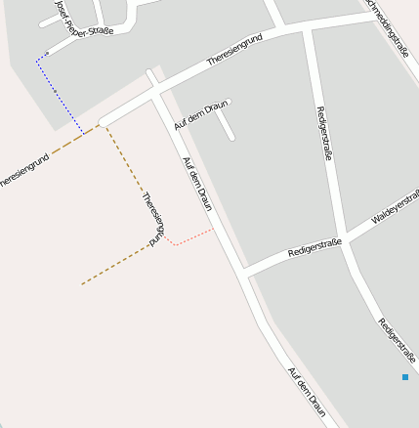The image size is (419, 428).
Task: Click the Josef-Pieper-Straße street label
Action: pos(82,19)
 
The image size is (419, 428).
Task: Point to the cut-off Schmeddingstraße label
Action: pos(387,28)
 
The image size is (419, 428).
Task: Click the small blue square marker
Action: pos(404,376)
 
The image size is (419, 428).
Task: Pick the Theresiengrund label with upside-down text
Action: pos(151,218)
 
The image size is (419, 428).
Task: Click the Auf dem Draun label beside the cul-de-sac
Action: pos(193,115)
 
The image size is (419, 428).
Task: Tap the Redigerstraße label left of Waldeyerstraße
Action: pos(314,247)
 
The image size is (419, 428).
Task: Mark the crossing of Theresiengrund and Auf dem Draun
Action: pos(157,93)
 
